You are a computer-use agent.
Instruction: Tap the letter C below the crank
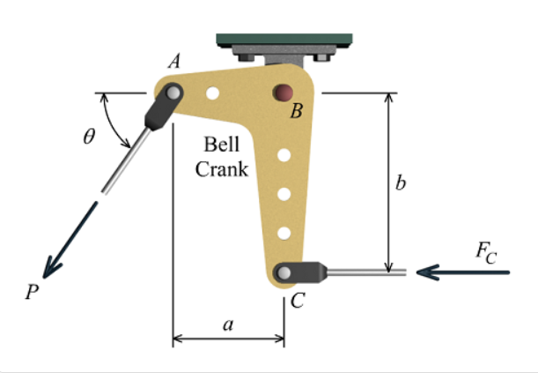(x=297, y=301)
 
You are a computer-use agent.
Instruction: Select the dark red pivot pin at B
(x=284, y=91)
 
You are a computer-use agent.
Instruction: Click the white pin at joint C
(x=285, y=272)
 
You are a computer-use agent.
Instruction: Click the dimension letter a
(x=228, y=325)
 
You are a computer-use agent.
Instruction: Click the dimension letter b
(x=402, y=183)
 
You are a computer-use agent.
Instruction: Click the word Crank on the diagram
(x=221, y=169)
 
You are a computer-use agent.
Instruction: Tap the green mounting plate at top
(x=284, y=41)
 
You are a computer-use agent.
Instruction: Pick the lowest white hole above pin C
(x=284, y=233)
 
